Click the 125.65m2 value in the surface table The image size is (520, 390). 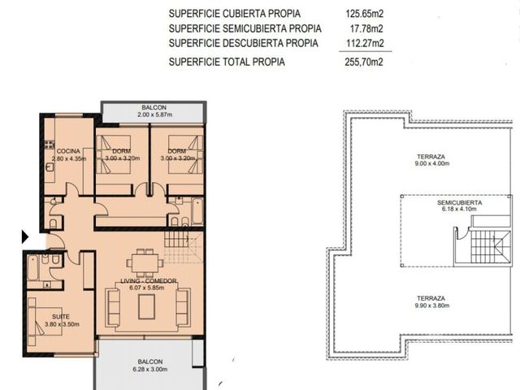pyautogui.click(x=365, y=14)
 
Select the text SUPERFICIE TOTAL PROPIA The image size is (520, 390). pyautogui.click(x=227, y=62)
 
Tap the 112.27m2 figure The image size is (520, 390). pyautogui.click(x=365, y=43)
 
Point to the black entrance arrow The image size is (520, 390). pyautogui.click(x=25, y=236)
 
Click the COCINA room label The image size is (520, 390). pyautogui.click(x=68, y=151)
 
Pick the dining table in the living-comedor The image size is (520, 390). pyautogui.click(x=145, y=262)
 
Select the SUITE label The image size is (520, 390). pyautogui.click(x=61, y=317)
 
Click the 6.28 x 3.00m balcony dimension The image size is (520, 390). pyautogui.click(x=150, y=369)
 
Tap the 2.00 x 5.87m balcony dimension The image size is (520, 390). pyautogui.click(x=155, y=115)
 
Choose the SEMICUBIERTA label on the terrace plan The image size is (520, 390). pyautogui.click(x=459, y=202)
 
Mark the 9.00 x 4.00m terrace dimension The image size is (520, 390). pyautogui.click(x=431, y=163)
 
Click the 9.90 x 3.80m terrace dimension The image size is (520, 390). pyautogui.click(x=431, y=305)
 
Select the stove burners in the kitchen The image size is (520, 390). pyautogui.click(x=50, y=145)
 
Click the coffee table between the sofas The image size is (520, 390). pyautogui.click(x=146, y=307)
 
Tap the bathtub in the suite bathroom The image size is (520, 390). pyautogui.click(x=32, y=267)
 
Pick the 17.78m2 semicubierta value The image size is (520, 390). pyautogui.click(x=366, y=29)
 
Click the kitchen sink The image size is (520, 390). pyautogui.click(x=50, y=167)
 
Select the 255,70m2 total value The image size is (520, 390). pyautogui.click(x=364, y=62)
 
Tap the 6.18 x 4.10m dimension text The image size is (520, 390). pyautogui.click(x=459, y=210)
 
